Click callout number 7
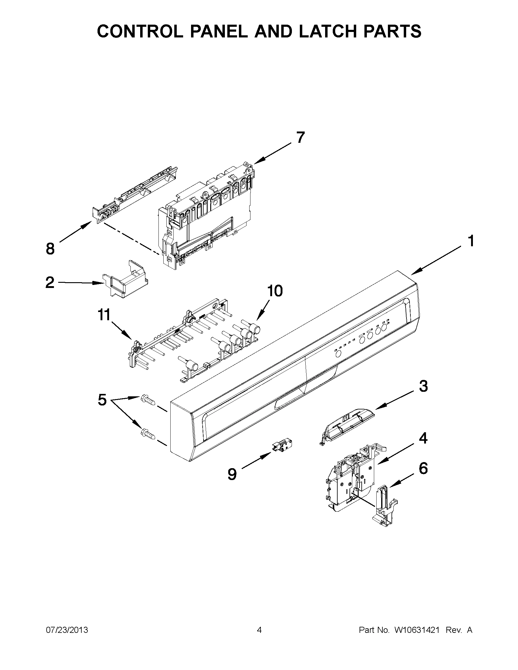(300, 137)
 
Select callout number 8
(50, 248)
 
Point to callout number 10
(275, 291)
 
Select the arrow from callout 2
(80, 282)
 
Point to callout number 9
(232, 474)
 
